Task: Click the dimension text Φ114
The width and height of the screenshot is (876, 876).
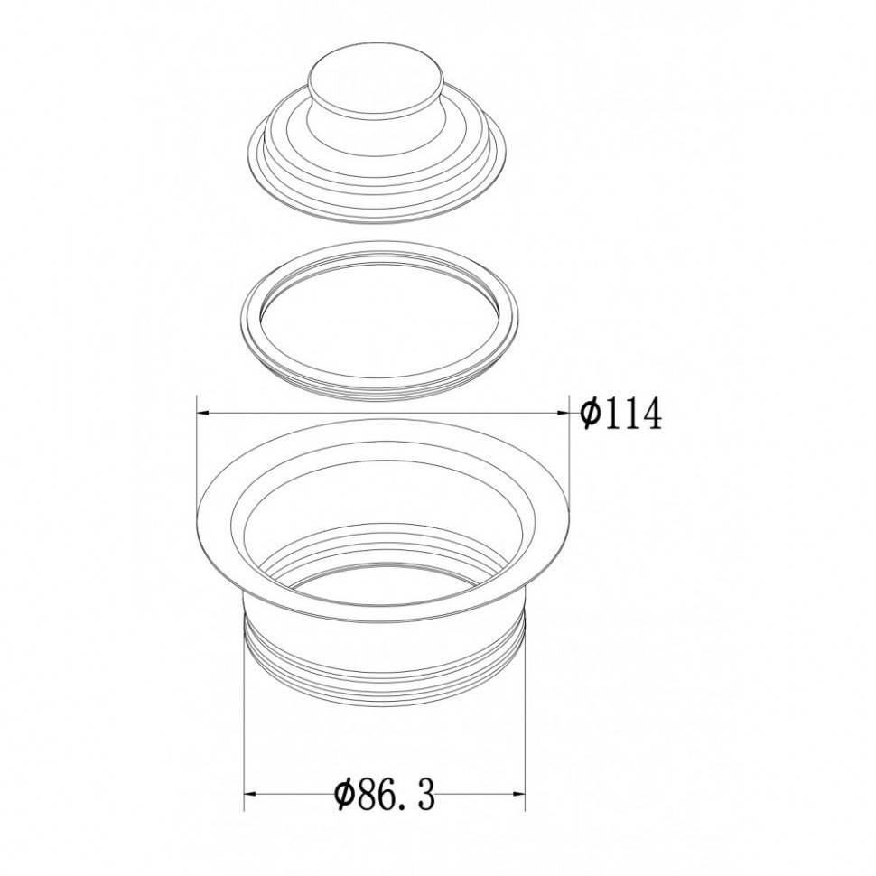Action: point(620,414)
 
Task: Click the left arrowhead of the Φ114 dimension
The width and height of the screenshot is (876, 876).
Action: point(203,413)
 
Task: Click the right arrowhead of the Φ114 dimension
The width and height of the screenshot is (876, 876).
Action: point(563,413)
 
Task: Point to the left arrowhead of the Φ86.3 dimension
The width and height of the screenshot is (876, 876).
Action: point(251,794)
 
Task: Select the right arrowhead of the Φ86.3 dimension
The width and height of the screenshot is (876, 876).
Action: point(518,794)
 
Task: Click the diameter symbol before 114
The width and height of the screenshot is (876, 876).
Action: point(590,414)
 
